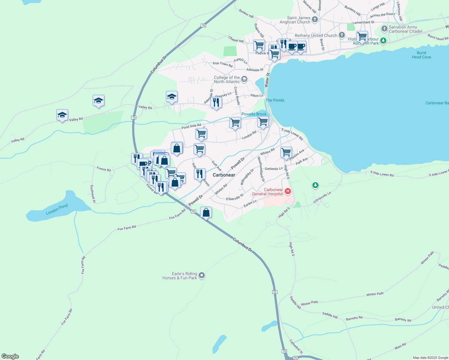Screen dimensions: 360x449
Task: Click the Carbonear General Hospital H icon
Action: (x=288, y=191)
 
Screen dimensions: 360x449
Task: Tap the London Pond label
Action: (x=57, y=209)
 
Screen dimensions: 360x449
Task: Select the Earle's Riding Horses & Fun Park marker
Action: (x=202, y=275)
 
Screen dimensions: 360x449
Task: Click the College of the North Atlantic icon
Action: (x=244, y=79)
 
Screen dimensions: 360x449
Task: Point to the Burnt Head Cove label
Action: (x=421, y=55)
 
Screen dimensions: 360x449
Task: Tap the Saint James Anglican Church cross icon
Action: (x=315, y=20)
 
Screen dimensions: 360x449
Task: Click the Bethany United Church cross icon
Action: (x=342, y=35)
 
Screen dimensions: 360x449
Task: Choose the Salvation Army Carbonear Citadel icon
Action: (x=384, y=29)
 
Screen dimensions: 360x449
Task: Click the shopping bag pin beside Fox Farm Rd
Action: (x=206, y=213)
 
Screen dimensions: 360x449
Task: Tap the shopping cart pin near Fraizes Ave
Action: (x=286, y=152)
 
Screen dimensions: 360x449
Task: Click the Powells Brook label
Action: (x=254, y=114)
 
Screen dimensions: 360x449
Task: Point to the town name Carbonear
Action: (x=224, y=175)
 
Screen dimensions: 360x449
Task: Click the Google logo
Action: (x=10, y=356)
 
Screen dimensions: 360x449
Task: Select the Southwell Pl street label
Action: (x=93, y=193)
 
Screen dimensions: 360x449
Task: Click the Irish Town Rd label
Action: (x=222, y=64)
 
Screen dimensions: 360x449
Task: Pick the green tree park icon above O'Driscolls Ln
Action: (x=315, y=185)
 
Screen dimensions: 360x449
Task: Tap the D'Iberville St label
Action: (x=235, y=197)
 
